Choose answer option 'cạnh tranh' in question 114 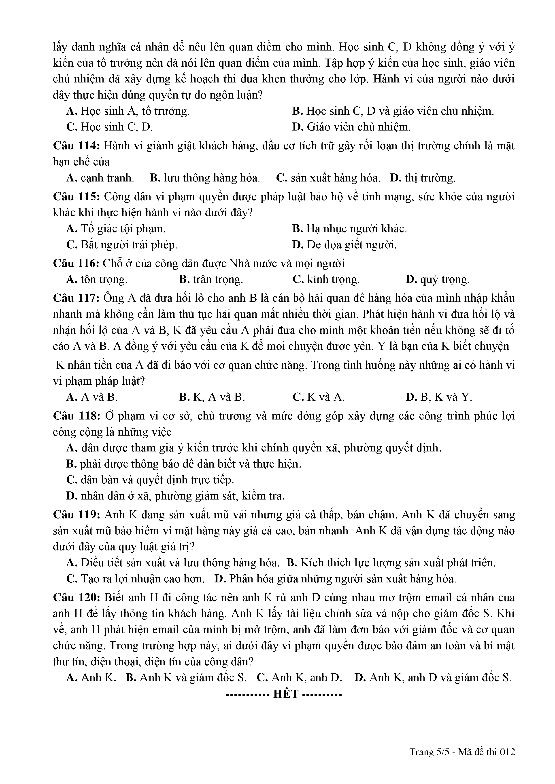click(107, 178)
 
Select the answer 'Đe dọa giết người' click(351, 245)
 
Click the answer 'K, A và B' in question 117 click(219, 397)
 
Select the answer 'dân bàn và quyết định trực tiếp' click(157, 480)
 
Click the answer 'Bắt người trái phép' click(129, 245)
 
